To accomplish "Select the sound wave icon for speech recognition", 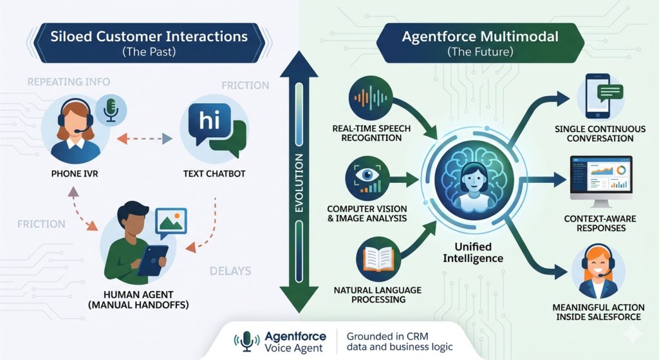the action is [371, 98].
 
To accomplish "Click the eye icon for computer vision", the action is [367, 178].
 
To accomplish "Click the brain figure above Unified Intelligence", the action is [474, 180].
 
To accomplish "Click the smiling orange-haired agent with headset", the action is [598, 272].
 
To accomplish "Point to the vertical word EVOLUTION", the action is [299, 182].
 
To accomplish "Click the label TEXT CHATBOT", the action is [214, 174].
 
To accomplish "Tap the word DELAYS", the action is [230, 271].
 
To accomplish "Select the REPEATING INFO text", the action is [69, 82].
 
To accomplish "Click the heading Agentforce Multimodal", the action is [480, 37].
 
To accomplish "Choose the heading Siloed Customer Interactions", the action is [149, 37].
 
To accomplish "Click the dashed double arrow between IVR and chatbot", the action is [145, 138].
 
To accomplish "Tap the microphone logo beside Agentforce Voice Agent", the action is [246, 341].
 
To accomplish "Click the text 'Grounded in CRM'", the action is [387, 336].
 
